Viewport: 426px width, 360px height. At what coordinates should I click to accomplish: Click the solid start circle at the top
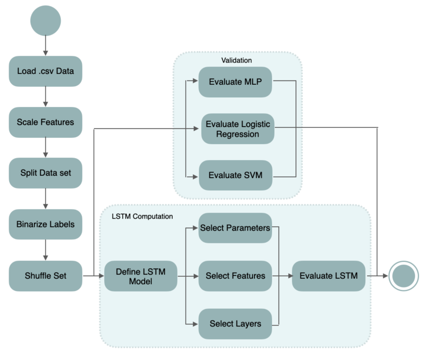click(45, 21)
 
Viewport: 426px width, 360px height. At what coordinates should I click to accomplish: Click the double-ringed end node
click(404, 276)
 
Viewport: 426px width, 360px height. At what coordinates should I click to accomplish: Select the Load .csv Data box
click(45, 71)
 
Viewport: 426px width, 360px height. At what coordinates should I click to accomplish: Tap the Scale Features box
click(45, 122)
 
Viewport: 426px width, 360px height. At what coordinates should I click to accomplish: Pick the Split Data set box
click(45, 173)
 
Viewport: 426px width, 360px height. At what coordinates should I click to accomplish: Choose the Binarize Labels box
click(45, 224)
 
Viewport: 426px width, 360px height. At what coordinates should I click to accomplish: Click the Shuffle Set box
click(45, 276)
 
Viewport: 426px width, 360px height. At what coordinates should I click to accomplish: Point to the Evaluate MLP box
click(235, 82)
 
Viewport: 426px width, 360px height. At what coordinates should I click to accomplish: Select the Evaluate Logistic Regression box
click(238, 129)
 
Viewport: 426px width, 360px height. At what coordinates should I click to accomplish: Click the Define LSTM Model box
click(141, 276)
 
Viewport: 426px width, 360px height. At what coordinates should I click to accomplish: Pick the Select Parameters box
click(235, 228)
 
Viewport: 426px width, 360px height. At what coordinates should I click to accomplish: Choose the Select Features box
click(235, 276)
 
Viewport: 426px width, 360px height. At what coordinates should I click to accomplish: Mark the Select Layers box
click(235, 324)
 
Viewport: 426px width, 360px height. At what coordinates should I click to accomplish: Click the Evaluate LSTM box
click(329, 276)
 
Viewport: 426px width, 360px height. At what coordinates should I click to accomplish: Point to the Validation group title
click(237, 60)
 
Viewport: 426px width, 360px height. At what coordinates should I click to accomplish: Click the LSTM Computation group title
click(142, 216)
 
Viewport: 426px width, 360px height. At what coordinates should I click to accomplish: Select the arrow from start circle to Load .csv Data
click(45, 45)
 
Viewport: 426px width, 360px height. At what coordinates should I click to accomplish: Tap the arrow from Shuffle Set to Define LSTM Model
click(93, 276)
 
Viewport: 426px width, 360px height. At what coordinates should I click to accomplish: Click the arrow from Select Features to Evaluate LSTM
click(282, 276)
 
